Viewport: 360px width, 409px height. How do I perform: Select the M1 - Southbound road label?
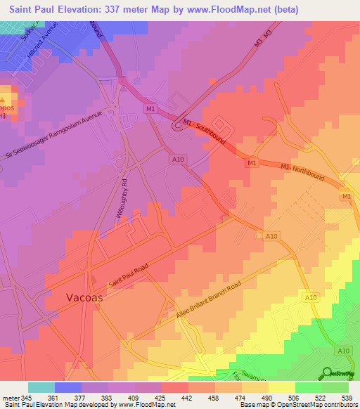tap(204, 131)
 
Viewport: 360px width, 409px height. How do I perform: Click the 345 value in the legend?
tap(27, 397)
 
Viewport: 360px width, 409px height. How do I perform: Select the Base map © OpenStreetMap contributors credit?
tap(297, 405)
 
